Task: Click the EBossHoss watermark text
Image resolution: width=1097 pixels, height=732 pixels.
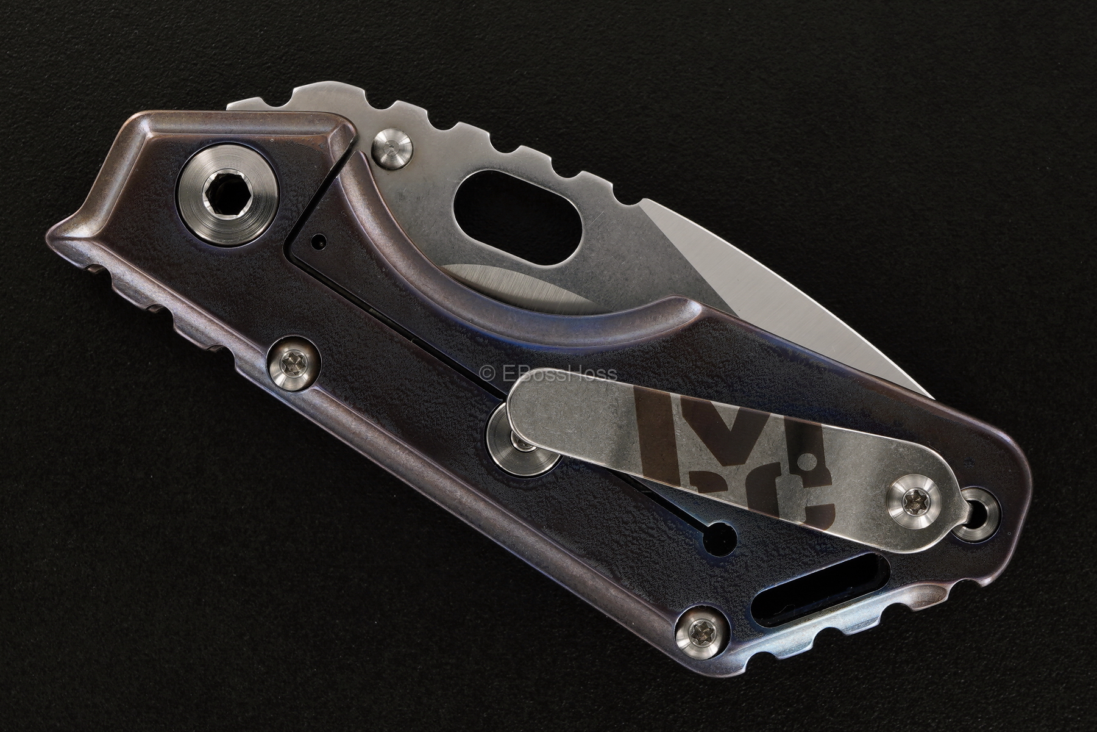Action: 548,374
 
